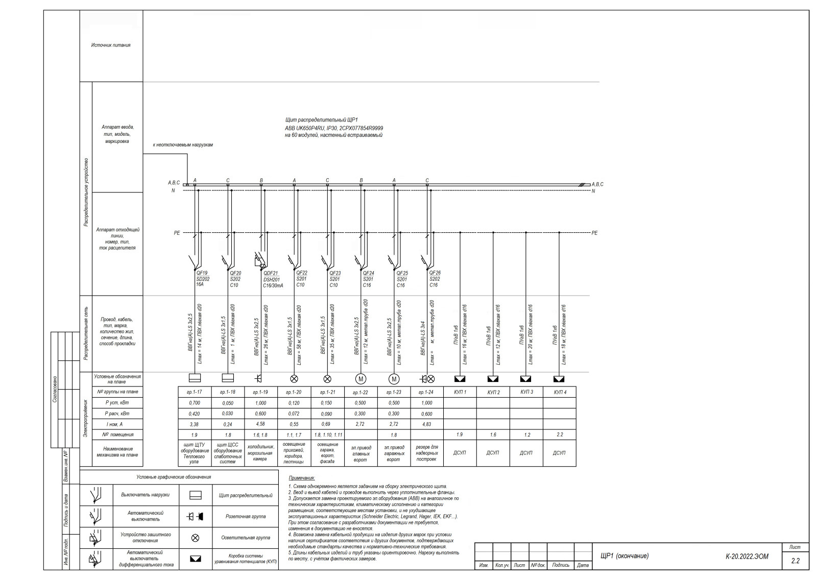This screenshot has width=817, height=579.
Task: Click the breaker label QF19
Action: pyautogui.click(x=202, y=273)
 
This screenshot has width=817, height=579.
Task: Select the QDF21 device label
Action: pyautogui.click(x=271, y=273)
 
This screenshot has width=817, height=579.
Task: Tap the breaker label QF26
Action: pyautogui.click(x=435, y=273)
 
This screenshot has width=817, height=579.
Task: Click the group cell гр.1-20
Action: pyautogui.click(x=294, y=392)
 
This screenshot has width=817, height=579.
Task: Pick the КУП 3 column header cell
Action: pyautogui.click(x=526, y=392)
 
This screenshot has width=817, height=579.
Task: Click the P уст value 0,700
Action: pyautogui.click(x=194, y=403)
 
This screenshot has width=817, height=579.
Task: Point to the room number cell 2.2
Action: pyautogui.click(x=560, y=435)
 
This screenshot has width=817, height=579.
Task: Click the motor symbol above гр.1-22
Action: pyautogui.click(x=361, y=379)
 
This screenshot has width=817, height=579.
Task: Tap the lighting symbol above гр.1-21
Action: pyautogui.click(x=327, y=379)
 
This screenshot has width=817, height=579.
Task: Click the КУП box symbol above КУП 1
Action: pyautogui.click(x=460, y=379)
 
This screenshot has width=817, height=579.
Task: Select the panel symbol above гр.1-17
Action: pyautogui.click(x=195, y=378)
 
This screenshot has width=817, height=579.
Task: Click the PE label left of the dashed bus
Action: pyautogui.click(x=177, y=233)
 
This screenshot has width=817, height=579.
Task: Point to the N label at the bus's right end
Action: pyautogui.click(x=593, y=191)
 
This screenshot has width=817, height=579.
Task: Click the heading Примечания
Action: pyautogui.click(x=302, y=478)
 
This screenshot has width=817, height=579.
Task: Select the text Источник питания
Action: pyautogui.click(x=111, y=45)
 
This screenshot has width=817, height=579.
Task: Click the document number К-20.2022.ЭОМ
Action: pyautogui.click(x=747, y=557)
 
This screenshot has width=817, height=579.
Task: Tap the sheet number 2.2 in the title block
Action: pyautogui.click(x=795, y=561)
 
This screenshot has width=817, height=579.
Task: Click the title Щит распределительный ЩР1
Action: pyautogui.click(x=321, y=120)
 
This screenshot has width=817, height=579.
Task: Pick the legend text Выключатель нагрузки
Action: pyautogui.click(x=145, y=495)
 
